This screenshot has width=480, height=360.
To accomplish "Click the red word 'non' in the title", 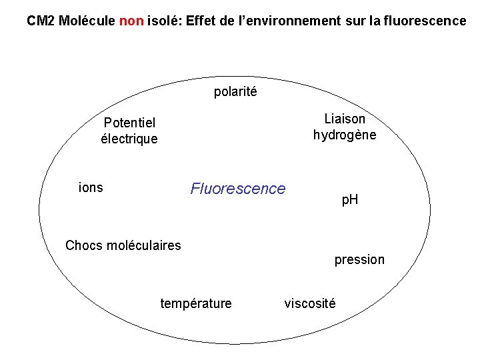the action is [132, 21].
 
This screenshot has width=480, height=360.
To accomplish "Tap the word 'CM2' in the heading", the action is [41, 21].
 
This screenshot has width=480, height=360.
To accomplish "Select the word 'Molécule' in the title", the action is [87, 21].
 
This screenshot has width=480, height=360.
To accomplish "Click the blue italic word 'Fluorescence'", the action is [237, 189].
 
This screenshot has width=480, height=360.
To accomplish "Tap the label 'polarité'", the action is [235, 92].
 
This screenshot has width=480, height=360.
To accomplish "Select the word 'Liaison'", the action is [345, 119].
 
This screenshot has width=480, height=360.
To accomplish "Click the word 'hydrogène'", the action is [345, 135].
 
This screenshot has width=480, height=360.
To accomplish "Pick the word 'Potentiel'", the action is [129, 123].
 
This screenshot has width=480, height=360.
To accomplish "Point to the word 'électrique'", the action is [129, 139].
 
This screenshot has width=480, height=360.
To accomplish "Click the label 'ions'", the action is [91, 187].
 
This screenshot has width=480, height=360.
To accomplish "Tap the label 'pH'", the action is [350, 199].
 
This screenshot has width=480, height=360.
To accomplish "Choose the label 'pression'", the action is [359, 260].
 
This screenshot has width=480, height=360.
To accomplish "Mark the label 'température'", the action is [196, 304].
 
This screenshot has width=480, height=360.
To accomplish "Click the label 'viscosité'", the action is [310, 304].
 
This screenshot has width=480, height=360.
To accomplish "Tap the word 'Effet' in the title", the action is [201, 21].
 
